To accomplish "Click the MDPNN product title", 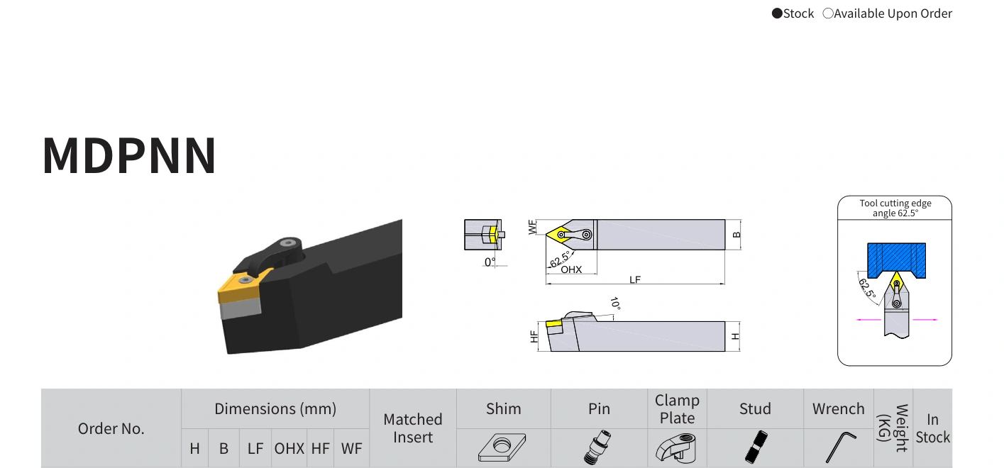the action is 129,155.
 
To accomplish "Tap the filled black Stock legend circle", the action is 777,13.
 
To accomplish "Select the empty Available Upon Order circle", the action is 828,13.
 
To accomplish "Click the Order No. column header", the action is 111,428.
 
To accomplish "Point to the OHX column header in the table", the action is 289,448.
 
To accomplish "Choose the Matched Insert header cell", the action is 413,428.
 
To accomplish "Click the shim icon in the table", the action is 502,447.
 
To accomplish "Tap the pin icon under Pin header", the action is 598,447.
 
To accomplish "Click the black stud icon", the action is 756,447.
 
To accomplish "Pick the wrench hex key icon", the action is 840,447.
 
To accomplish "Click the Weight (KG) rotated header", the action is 893,428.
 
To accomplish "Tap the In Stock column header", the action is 933,428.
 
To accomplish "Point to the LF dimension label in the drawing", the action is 635,280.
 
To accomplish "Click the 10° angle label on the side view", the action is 615,303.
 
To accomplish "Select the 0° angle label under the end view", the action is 490,262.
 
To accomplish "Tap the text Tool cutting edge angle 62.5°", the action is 895,208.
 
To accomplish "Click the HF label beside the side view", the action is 534,336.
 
